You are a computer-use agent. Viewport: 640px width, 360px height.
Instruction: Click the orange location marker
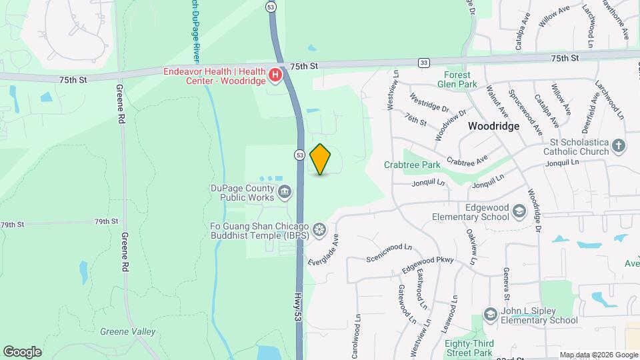pyautogui.click(x=321, y=159)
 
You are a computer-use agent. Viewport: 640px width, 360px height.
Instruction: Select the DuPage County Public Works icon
pyautogui.click(x=285, y=193)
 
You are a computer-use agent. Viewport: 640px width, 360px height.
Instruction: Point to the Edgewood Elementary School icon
pyautogui.click(x=519, y=212)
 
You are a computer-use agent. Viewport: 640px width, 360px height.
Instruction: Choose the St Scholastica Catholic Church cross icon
pyautogui.click(x=619, y=146)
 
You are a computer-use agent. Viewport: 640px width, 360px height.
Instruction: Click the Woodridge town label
pyautogui.click(x=494, y=125)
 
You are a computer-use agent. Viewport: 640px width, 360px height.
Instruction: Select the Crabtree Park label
pyautogui.click(x=411, y=165)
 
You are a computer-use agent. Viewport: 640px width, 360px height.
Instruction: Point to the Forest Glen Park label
pyautogui.click(x=454, y=79)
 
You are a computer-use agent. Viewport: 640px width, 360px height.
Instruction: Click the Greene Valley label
pyautogui.click(x=127, y=331)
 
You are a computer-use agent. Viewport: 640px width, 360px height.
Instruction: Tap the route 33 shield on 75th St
pyautogui.click(x=424, y=62)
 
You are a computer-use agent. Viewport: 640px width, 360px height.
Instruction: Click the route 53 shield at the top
pyautogui.click(x=270, y=7)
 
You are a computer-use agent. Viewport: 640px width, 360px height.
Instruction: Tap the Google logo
pyautogui.click(x=22, y=351)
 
